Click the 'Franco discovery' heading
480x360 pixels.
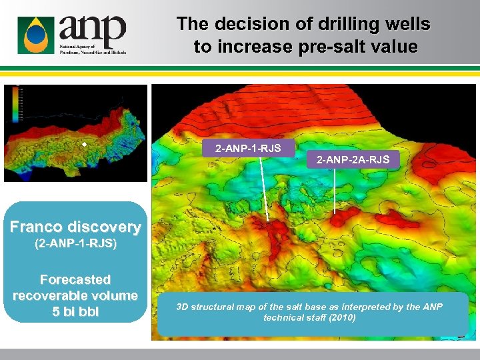tap(75, 227)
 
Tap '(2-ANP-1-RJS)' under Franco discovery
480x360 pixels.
tap(75, 244)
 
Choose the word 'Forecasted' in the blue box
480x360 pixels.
tap(75, 279)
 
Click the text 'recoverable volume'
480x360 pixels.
tap(75, 295)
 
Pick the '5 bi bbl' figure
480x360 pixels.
tap(75, 311)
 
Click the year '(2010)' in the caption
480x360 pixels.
tap(342, 318)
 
